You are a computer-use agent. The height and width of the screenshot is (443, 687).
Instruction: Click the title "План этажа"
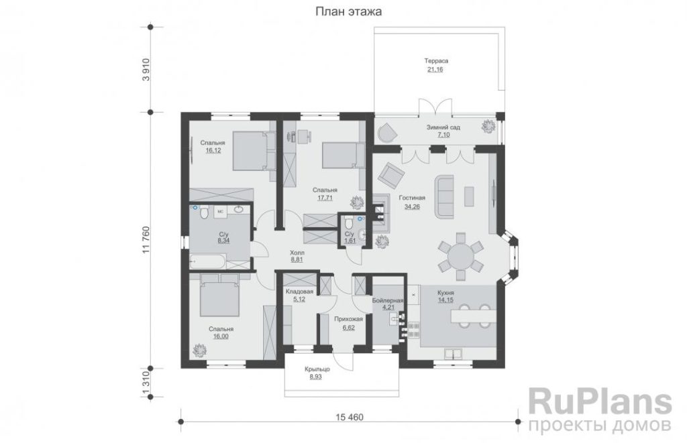pyautogui.click(x=348, y=11)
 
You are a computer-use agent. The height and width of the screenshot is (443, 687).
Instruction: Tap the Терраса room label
pyautogui.click(x=436, y=61)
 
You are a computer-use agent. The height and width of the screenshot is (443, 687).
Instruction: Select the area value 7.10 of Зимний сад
pyautogui.click(x=443, y=135)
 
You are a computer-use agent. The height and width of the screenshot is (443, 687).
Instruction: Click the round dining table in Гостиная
pyautogui.click(x=460, y=257)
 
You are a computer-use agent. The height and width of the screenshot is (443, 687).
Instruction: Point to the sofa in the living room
pyautogui.click(x=444, y=196)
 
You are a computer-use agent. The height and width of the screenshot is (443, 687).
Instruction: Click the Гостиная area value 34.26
pyautogui.click(x=412, y=206)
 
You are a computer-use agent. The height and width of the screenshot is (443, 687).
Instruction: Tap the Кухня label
pyautogui.click(x=445, y=292)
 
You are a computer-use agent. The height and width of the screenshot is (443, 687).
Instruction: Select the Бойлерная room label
pyautogui.click(x=388, y=301)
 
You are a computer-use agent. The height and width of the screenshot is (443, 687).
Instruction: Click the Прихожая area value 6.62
pyautogui.click(x=348, y=328)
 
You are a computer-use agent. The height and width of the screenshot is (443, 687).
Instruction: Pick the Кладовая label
pyautogui.click(x=300, y=292)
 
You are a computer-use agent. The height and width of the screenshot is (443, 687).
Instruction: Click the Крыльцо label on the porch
pyautogui.click(x=317, y=369)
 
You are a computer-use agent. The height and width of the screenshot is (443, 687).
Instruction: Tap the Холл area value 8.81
pyautogui.click(x=297, y=259)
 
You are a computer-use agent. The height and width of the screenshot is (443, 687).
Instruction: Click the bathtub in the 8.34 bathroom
pyautogui.click(x=207, y=261)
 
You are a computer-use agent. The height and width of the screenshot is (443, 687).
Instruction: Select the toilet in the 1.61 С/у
pyautogui.click(x=348, y=223)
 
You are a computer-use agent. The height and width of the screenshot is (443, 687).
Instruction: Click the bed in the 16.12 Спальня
pyautogui.click(x=250, y=151)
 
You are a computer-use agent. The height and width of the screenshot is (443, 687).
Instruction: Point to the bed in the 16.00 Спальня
pyautogui.click(x=219, y=295)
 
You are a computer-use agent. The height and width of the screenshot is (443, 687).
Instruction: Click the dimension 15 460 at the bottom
pyautogui.click(x=350, y=417)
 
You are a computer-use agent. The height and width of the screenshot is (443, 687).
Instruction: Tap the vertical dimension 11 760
pyautogui.click(x=146, y=240)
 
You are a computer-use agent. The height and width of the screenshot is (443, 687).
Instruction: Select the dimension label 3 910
pyautogui.click(x=146, y=69)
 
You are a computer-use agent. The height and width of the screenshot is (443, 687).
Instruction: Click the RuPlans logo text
pyautogui.click(x=600, y=403)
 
